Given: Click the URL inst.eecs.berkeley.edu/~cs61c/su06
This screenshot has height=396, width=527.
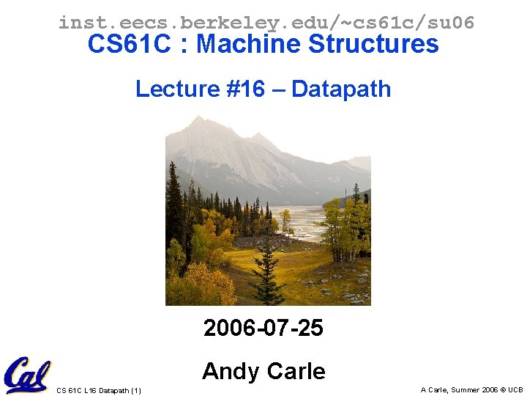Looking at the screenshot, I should (266, 23).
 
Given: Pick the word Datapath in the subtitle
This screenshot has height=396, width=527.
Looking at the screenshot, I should (341, 89).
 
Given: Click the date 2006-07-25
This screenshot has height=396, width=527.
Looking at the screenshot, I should (263, 328).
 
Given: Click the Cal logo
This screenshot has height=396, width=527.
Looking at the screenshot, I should (26, 374).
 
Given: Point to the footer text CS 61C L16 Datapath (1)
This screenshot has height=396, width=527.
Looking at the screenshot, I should (99, 390).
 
